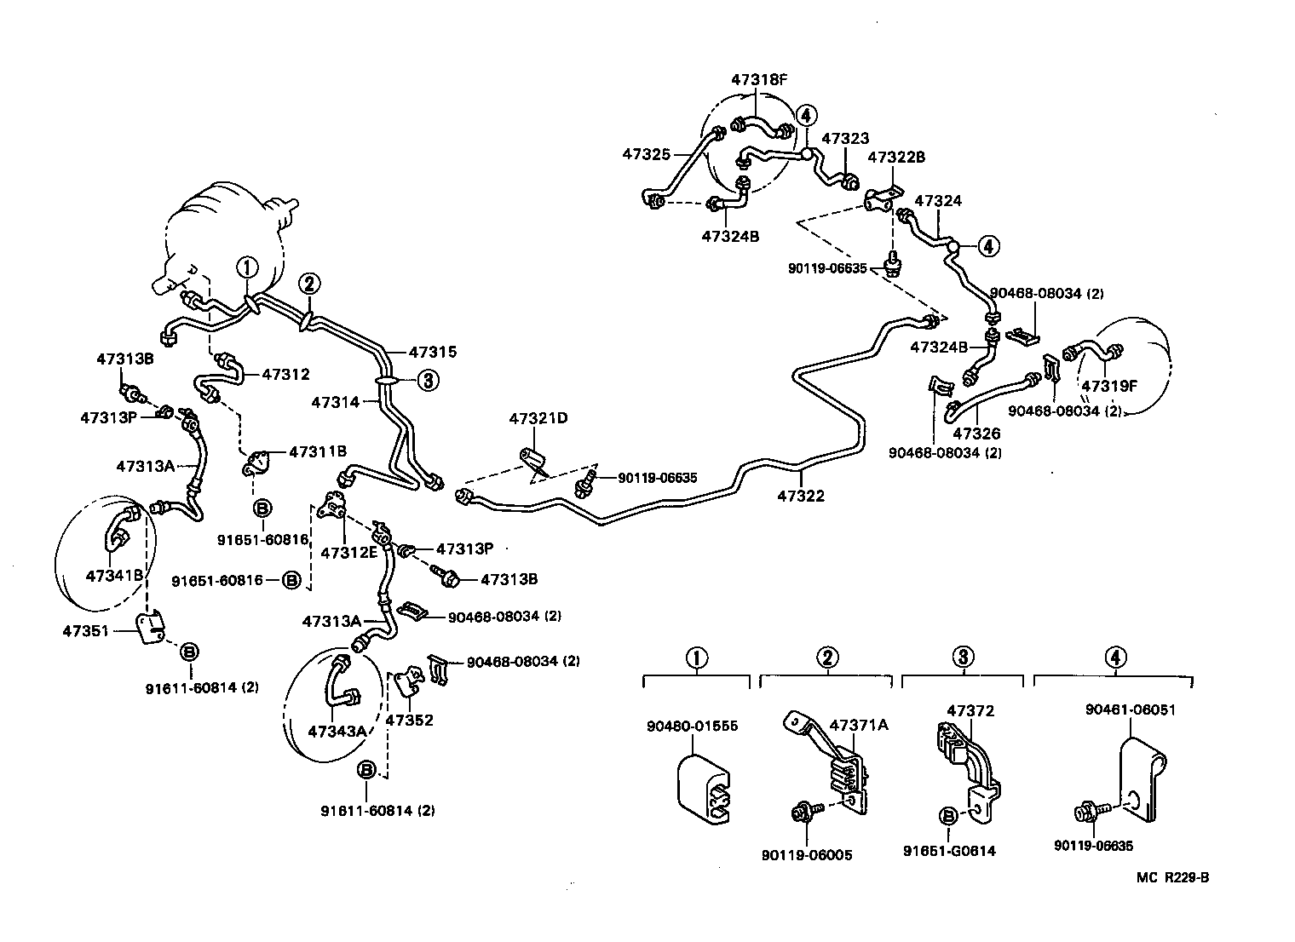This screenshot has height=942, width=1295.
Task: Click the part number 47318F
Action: coord(759,80)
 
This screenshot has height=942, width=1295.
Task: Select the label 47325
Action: coord(646,154)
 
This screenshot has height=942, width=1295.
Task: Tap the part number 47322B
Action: coord(895,157)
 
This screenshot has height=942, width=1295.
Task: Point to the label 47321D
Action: coord(538,418)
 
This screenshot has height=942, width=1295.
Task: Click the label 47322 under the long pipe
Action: coord(801,496)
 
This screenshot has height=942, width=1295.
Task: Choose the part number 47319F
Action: coord(1109,386)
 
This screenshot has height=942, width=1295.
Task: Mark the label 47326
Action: coord(976,434)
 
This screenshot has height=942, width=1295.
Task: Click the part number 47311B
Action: coord(317,451)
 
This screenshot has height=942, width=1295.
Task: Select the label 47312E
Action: coord(348,552)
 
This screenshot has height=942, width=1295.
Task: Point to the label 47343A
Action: coord(337,731)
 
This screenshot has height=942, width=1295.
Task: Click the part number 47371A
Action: coord(859,725)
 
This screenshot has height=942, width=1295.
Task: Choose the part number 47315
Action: coord(432,352)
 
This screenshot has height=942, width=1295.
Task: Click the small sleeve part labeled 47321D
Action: coord(534,462)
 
